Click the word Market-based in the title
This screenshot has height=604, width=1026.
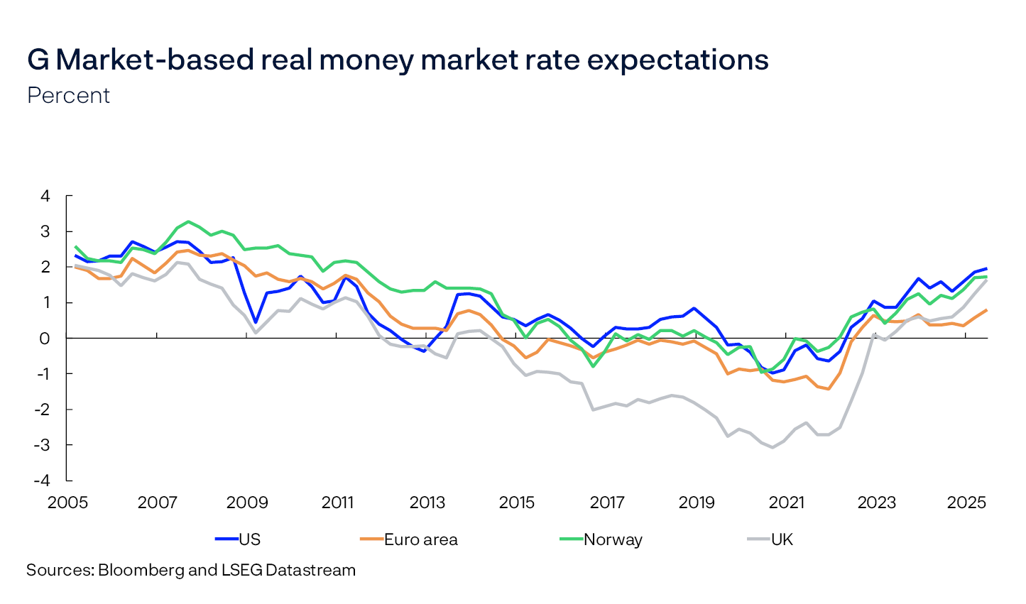[153, 60]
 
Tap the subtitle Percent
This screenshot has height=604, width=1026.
[68, 96]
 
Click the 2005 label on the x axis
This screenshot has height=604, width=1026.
[67, 503]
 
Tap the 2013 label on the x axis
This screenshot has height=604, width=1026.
[427, 503]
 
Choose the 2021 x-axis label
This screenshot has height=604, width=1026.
[787, 503]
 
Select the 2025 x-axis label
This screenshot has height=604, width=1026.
[966, 503]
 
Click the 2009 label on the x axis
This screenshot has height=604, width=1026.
[247, 503]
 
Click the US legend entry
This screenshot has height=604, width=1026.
[249, 539]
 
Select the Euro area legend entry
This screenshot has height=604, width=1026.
[420, 539]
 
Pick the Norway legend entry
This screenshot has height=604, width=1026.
[613, 539]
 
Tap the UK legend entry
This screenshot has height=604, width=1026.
[782, 539]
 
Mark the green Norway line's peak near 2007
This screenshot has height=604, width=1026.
[188, 221]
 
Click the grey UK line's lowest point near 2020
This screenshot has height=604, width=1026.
[773, 447]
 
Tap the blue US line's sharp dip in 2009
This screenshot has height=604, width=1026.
[256, 322]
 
